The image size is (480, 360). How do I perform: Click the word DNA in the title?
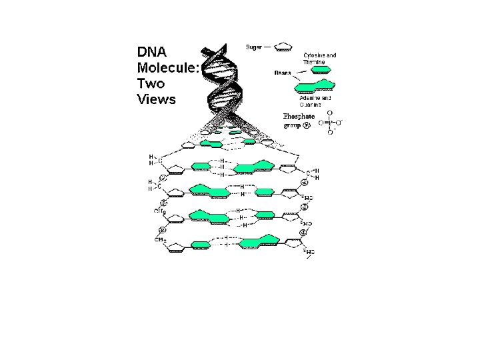(x=152, y=51)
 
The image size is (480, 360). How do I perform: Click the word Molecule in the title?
(x=167, y=67)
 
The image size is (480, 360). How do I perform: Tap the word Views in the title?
(x=156, y=100)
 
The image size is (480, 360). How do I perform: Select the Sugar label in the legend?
(x=254, y=47)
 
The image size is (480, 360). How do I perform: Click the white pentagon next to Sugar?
(x=284, y=47)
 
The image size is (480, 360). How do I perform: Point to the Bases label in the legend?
(x=283, y=73)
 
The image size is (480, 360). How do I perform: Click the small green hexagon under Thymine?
(x=322, y=70)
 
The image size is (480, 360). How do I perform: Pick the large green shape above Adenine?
(x=315, y=85)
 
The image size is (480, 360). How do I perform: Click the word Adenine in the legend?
(x=311, y=98)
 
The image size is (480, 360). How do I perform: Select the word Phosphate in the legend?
(x=299, y=116)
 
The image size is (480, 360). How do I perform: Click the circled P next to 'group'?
(x=307, y=125)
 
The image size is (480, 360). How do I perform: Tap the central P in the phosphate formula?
(x=330, y=123)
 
